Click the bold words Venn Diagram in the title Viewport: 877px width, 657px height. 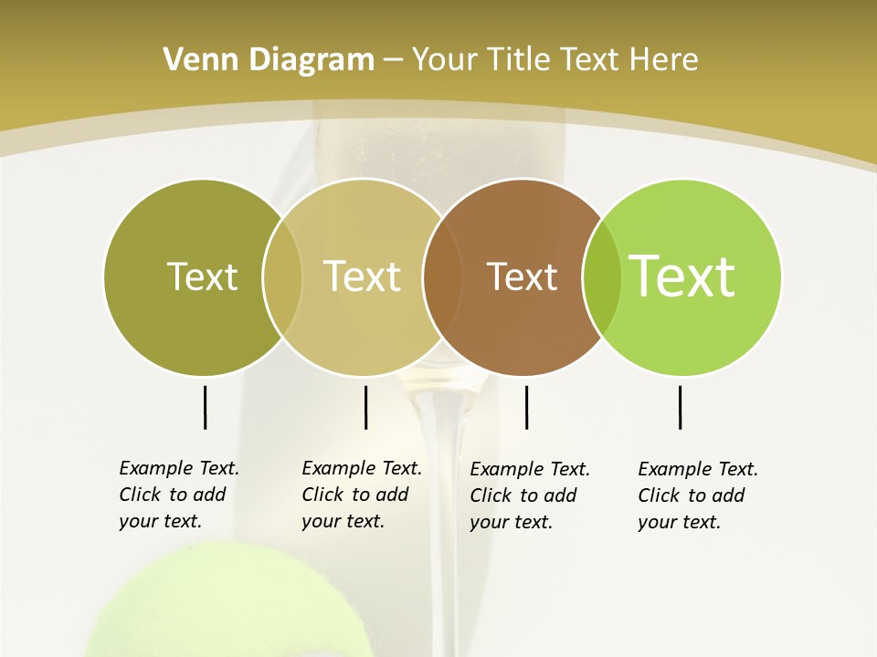(x=269, y=60)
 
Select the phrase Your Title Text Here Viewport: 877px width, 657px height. (x=555, y=60)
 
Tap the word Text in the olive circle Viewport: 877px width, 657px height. (x=202, y=276)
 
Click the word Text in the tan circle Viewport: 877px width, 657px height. (x=363, y=276)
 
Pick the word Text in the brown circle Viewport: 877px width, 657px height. (x=522, y=276)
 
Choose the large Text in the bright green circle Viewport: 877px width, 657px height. (x=682, y=276)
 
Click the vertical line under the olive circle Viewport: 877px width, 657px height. (x=205, y=407)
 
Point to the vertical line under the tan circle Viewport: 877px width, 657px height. (x=365, y=407)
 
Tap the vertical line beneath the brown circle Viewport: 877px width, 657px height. (x=526, y=407)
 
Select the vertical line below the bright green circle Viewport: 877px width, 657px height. (x=680, y=407)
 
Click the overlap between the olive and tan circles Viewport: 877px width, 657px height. (x=282, y=276)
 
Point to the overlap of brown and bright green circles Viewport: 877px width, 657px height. (x=601, y=276)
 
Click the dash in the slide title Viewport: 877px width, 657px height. (x=393, y=61)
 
